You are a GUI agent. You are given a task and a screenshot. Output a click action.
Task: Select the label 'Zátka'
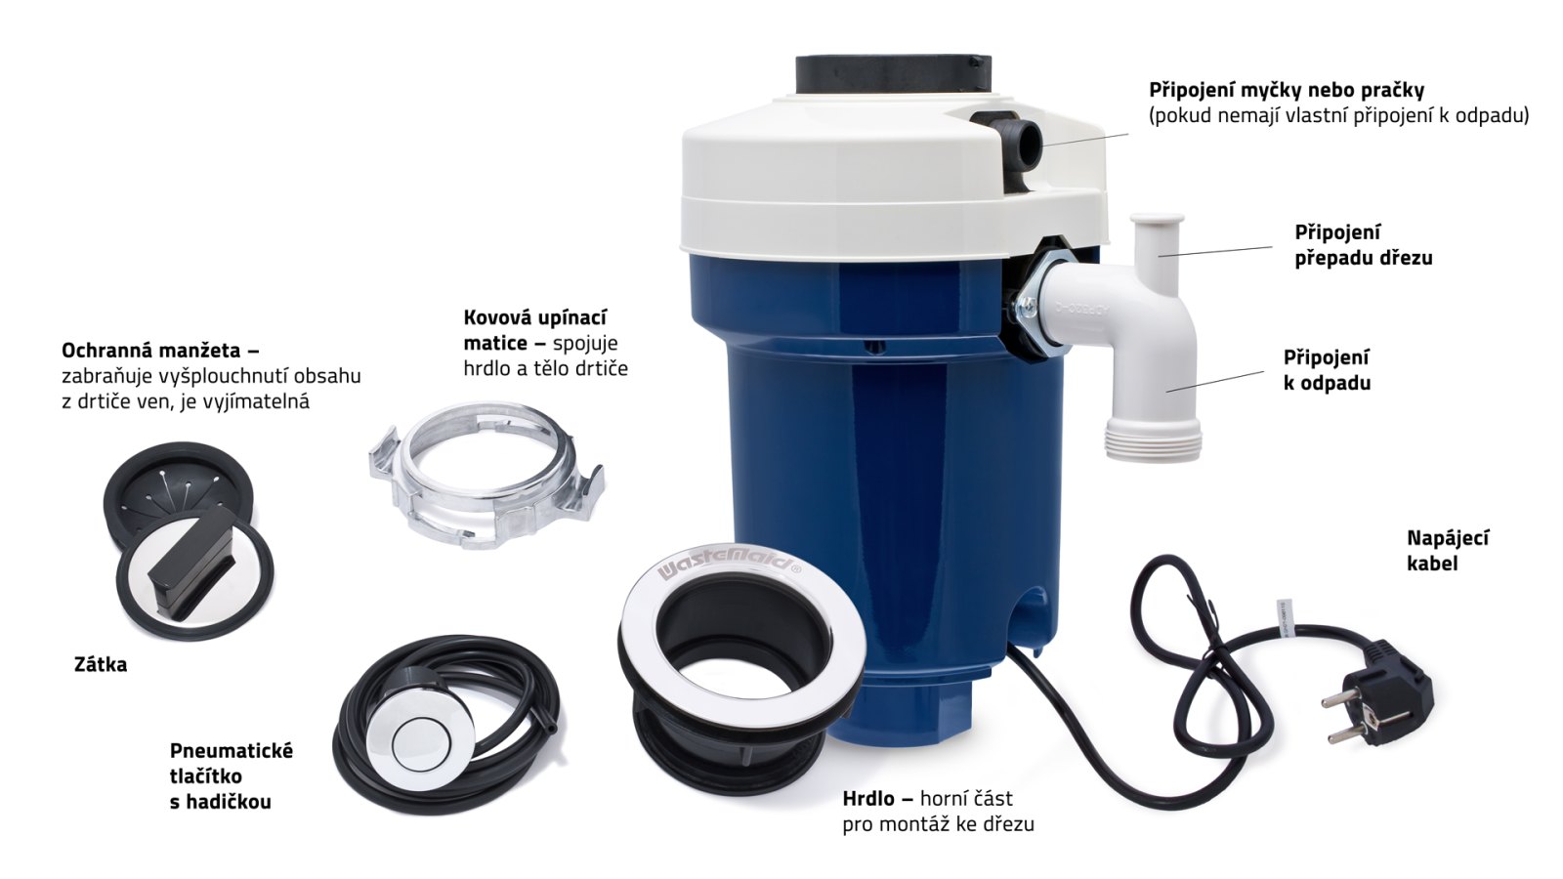[102, 665]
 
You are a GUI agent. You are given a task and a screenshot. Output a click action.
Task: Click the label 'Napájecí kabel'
[1448, 551]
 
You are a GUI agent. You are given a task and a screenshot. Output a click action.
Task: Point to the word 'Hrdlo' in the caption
[872, 798]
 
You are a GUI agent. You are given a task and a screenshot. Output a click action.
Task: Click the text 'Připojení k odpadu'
[1327, 370]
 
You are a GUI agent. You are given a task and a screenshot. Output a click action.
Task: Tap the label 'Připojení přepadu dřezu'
[1364, 245]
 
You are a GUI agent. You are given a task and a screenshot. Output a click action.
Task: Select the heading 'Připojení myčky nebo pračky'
[1286, 90]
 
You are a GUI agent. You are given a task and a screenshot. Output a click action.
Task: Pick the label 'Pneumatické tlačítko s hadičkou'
[231, 775]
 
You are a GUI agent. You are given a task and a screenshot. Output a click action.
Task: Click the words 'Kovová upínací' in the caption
[535, 318]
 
